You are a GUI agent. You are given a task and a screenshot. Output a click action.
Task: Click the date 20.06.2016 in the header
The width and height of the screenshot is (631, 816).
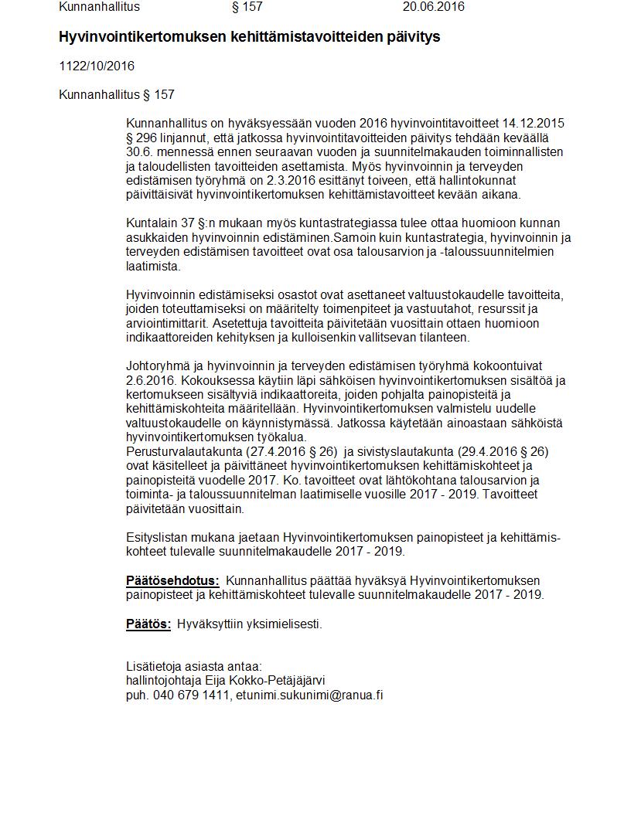pyautogui.click(x=433, y=7)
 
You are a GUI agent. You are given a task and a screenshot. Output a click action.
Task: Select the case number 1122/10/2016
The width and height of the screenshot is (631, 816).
pyautogui.click(x=97, y=66)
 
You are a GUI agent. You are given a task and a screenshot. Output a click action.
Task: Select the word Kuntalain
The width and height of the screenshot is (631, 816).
pyautogui.click(x=152, y=223)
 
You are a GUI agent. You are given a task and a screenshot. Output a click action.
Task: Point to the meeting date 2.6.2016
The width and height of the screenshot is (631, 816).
pyautogui.click(x=150, y=380)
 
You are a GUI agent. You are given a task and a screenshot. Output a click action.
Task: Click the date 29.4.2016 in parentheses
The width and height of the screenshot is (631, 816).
pyautogui.click(x=475, y=451)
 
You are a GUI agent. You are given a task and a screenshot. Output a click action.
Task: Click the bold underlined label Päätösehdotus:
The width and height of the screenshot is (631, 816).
pyautogui.click(x=172, y=580)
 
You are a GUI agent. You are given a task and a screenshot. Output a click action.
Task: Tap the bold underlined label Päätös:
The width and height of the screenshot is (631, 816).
pyautogui.click(x=148, y=624)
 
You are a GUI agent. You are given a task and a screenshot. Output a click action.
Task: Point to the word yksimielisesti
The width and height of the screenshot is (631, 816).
pyautogui.click(x=283, y=624)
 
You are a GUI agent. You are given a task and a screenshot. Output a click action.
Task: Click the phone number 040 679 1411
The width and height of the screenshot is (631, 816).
pyautogui.click(x=192, y=695)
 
